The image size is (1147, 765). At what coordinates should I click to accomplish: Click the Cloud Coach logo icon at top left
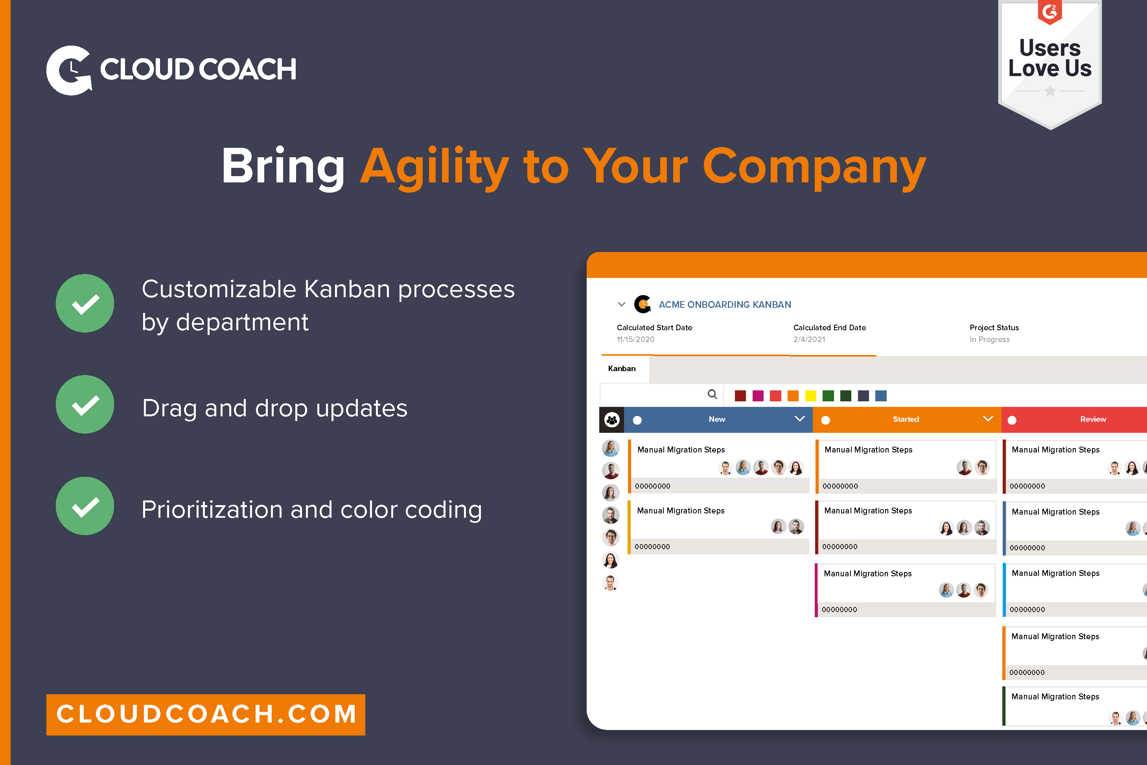pyautogui.click(x=69, y=70)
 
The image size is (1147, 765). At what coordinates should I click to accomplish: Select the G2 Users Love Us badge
pyautogui.click(x=1050, y=63)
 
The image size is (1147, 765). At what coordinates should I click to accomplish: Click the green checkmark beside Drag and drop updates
pyautogui.click(x=85, y=405)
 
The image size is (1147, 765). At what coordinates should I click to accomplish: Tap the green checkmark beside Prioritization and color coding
pyautogui.click(x=85, y=506)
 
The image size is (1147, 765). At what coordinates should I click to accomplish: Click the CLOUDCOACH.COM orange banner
pyautogui.click(x=206, y=714)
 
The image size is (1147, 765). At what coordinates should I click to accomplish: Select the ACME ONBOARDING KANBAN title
pyautogui.click(x=725, y=304)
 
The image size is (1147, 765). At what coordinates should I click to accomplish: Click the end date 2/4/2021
pyautogui.click(x=809, y=340)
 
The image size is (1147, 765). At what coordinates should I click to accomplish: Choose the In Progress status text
pyautogui.click(x=990, y=340)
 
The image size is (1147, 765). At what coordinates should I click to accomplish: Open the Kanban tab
pyautogui.click(x=622, y=369)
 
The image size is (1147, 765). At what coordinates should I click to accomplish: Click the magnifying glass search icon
pyautogui.click(x=712, y=394)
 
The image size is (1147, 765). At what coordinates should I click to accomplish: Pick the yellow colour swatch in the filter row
pyautogui.click(x=811, y=396)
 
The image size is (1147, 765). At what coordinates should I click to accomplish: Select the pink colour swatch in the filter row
pyautogui.click(x=758, y=396)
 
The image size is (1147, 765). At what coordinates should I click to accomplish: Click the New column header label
pyautogui.click(x=717, y=419)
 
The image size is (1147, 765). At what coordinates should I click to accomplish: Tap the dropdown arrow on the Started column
pyautogui.click(x=988, y=419)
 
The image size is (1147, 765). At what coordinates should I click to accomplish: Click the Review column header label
pyautogui.click(x=1093, y=419)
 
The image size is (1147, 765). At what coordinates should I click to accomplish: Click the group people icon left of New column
pyautogui.click(x=612, y=419)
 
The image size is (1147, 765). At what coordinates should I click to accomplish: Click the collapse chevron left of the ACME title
pyautogui.click(x=622, y=304)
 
